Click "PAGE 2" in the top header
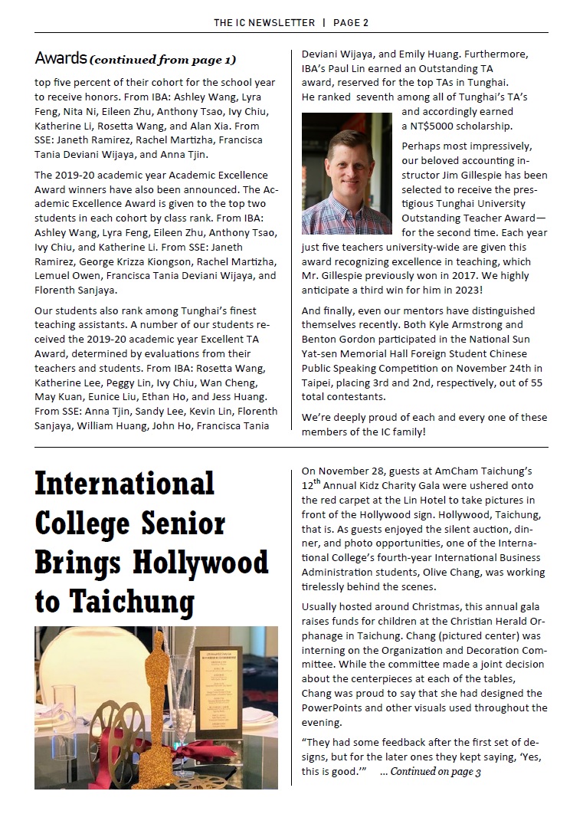pos(351,22)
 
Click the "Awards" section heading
pos(60,58)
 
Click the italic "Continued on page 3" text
pos(435,772)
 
